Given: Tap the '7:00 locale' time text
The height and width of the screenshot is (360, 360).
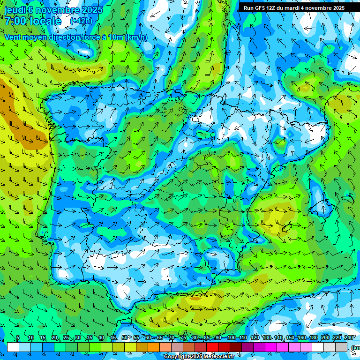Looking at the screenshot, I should coord(33,21).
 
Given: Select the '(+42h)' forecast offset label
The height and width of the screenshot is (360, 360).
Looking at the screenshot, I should coord(81,21).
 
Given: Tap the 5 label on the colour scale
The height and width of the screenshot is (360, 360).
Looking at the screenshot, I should coord(18,338).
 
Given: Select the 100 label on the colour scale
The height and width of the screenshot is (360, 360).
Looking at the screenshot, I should coord(231,338).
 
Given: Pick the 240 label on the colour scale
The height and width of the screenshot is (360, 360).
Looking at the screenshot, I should coord(349,338).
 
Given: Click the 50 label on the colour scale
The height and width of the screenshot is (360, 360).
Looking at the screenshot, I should coord(125,338).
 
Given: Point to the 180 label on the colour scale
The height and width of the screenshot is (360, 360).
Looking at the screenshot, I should coord(313,338).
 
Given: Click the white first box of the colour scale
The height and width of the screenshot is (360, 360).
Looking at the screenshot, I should coord(13,347).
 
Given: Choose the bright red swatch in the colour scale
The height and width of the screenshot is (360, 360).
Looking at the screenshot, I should coord(212,347).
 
